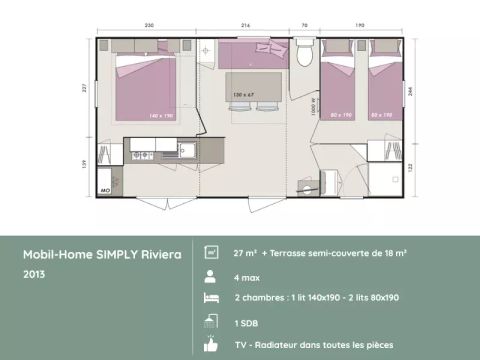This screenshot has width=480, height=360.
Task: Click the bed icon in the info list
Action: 211,298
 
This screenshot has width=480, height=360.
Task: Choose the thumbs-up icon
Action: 211,344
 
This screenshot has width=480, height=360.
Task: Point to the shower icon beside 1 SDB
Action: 211,321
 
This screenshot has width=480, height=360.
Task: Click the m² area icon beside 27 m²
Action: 211,252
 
